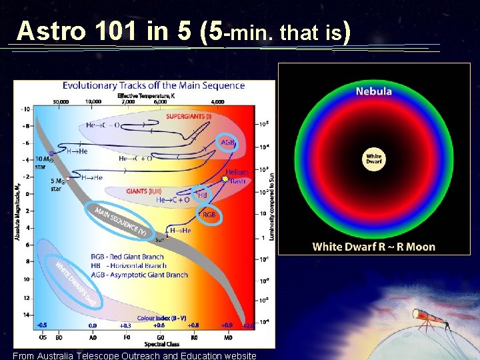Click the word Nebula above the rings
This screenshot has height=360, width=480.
click(373, 91)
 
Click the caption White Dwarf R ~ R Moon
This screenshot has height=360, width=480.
click(373, 247)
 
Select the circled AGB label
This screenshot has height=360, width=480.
click(228, 142)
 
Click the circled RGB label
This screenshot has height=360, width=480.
click(209, 215)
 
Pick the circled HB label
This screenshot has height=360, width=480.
click(203, 195)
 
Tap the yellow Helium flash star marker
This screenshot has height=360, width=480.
click(225, 179)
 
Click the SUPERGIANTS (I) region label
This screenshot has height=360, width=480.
click(189, 116)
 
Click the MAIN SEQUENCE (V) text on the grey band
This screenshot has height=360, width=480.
click(120, 222)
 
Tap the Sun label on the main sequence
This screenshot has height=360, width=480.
click(159, 239)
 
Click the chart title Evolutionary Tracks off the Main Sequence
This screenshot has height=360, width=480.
click(153, 85)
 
